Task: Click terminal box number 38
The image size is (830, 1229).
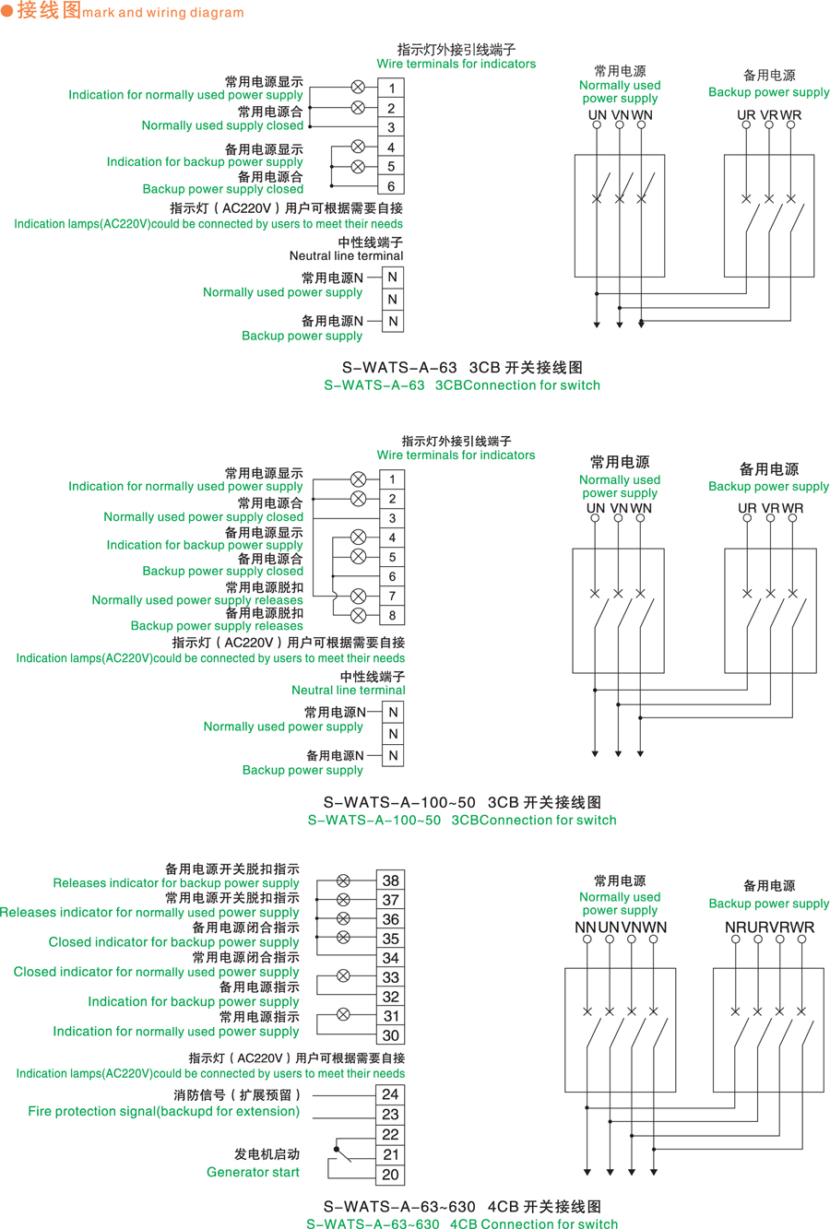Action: pos(390,880)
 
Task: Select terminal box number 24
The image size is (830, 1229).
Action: pos(390,1094)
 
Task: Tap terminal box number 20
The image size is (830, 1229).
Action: pos(390,1175)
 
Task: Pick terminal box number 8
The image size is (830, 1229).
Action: pos(392,616)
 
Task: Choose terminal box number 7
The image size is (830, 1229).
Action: pos(392,597)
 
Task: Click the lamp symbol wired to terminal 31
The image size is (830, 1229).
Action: pos(343,1014)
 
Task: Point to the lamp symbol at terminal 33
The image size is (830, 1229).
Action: pos(343,975)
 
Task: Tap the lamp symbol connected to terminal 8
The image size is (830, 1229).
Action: pos(359,616)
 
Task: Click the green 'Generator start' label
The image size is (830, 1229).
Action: pos(253,1173)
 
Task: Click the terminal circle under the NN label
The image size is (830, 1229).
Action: pos(587,940)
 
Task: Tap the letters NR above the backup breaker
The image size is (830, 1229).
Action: pos(735,927)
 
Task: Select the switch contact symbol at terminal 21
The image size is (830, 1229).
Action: pos(340,1152)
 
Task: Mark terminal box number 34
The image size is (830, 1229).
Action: pos(390,958)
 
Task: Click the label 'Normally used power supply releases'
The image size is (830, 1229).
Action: pos(197,600)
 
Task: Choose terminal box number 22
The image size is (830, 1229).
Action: pos(390,1135)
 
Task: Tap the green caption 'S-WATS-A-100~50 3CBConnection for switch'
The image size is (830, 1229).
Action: pos(461,820)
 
